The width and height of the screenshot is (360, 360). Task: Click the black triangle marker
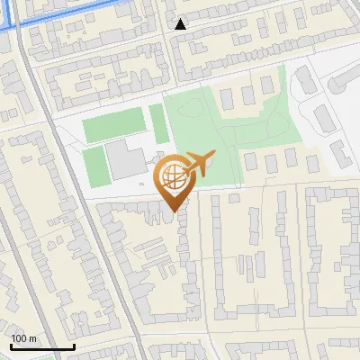[181, 24]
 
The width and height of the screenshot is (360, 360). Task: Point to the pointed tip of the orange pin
[174, 210]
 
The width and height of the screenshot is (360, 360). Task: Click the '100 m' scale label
[24, 338]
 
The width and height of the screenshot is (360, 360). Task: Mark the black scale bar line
[42, 346]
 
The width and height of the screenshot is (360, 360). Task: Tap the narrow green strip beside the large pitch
[157, 123]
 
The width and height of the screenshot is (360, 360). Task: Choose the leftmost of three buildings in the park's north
[226, 93]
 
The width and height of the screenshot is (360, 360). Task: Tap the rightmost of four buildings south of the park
[311, 164]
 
